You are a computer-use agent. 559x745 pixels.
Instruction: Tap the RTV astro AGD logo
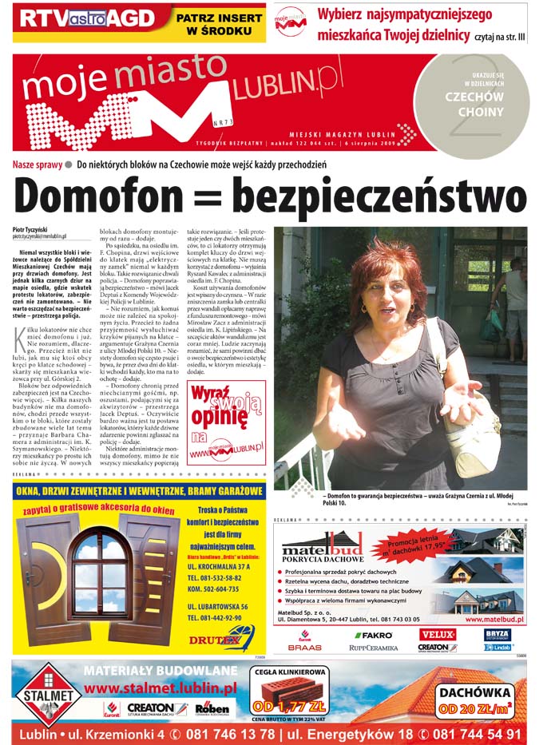(x=84, y=18)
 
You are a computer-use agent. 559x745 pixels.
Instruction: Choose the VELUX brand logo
(x=438, y=634)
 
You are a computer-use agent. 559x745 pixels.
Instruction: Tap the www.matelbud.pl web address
(x=494, y=618)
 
